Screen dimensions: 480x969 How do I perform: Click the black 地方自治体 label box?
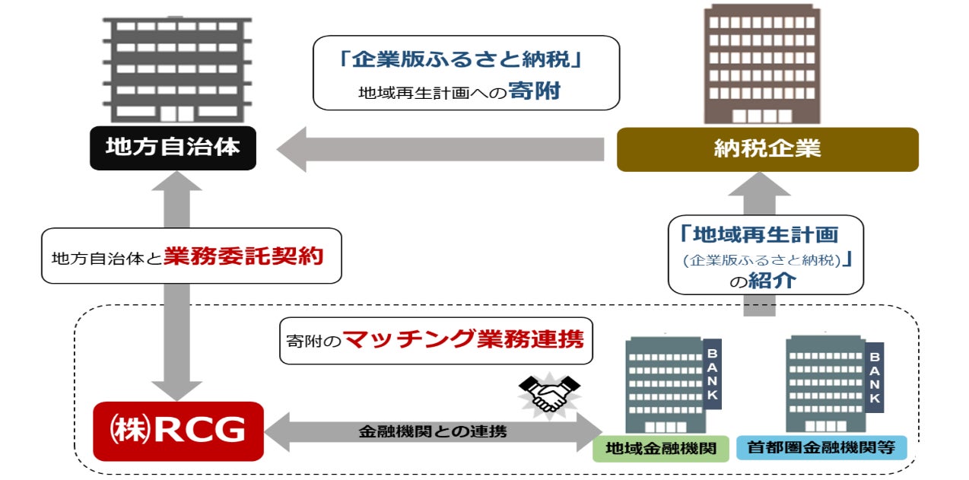pyautogui.click(x=172, y=148)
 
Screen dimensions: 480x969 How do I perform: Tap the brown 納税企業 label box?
pyautogui.click(x=767, y=149)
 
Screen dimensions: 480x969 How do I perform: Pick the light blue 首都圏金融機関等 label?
pyautogui.click(x=821, y=448)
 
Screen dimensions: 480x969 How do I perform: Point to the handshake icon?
pyautogui.click(x=548, y=393)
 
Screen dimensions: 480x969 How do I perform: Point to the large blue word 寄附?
pyautogui.click(x=536, y=91)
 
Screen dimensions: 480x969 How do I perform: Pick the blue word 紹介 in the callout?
pyautogui.click(x=772, y=280)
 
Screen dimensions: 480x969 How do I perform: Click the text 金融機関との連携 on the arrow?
pyautogui.click(x=432, y=432)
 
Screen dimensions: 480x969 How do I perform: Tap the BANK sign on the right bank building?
pyautogui.click(x=875, y=377)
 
